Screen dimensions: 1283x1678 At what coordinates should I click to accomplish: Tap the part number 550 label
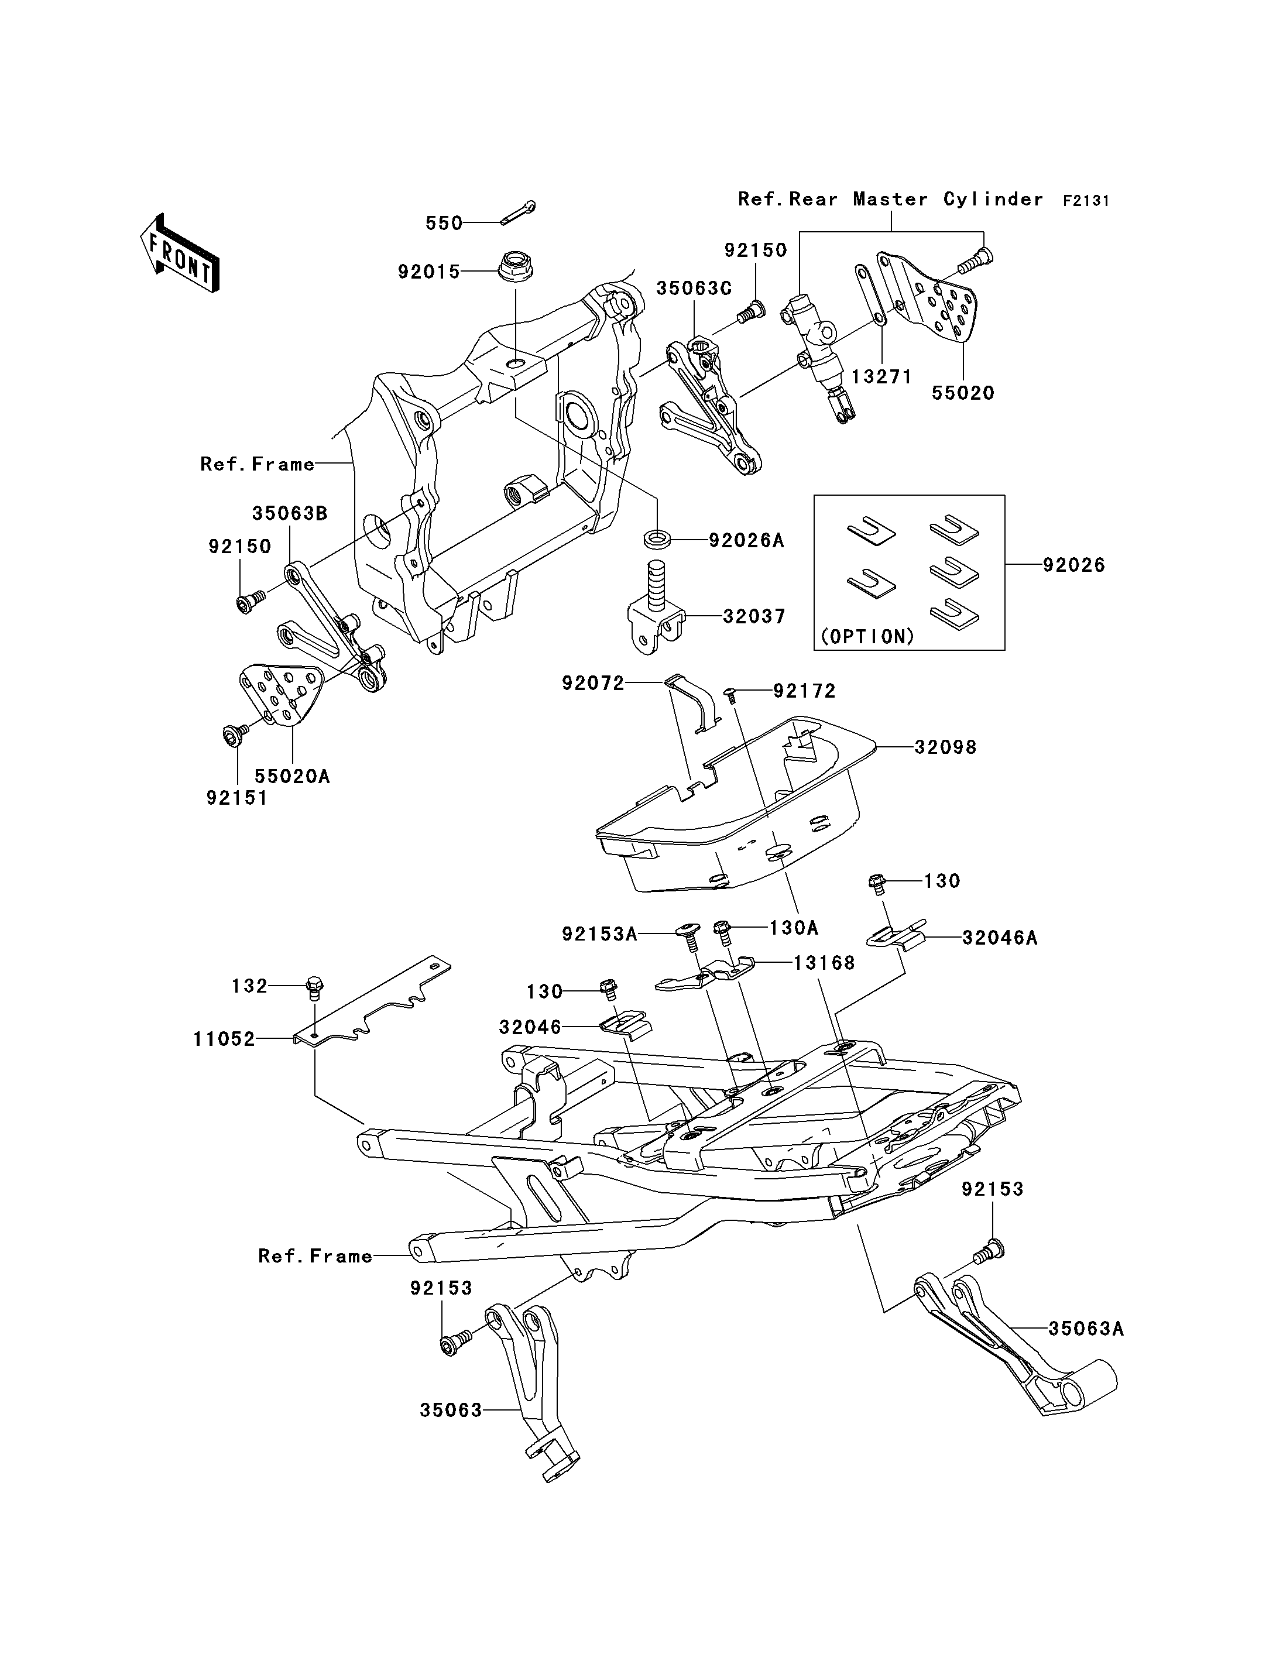[x=444, y=223]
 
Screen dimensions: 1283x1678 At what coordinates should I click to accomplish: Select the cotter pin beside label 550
[x=519, y=213]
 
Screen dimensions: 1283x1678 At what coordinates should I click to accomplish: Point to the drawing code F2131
[x=1086, y=201]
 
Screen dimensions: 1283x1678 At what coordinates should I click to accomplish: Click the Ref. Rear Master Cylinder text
[x=890, y=200]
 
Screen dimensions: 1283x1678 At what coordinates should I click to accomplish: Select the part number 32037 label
[x=754, y=616]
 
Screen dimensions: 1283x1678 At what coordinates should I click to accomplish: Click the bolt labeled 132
[x=314, y=987]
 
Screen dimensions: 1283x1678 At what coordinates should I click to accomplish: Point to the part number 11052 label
[x=224, y=1039]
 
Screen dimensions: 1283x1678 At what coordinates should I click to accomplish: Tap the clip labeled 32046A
[x=900, y=936]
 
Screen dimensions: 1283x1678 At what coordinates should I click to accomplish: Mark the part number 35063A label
[x=1086, y=1329]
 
